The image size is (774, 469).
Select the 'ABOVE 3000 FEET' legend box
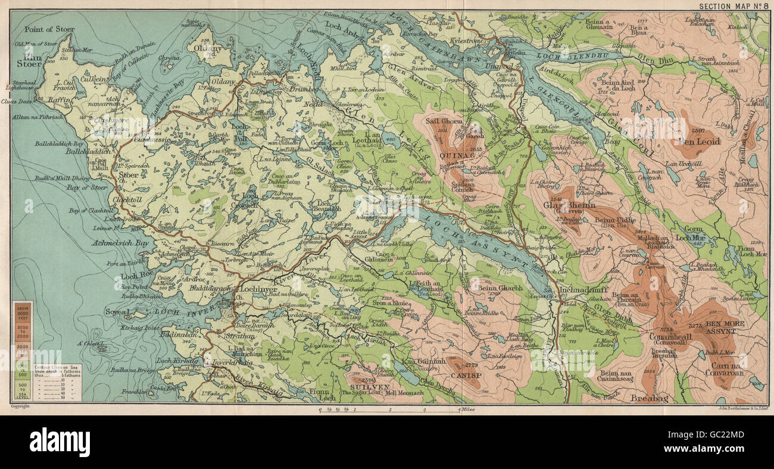[23, 309]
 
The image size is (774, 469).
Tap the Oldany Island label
[211, 48]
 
